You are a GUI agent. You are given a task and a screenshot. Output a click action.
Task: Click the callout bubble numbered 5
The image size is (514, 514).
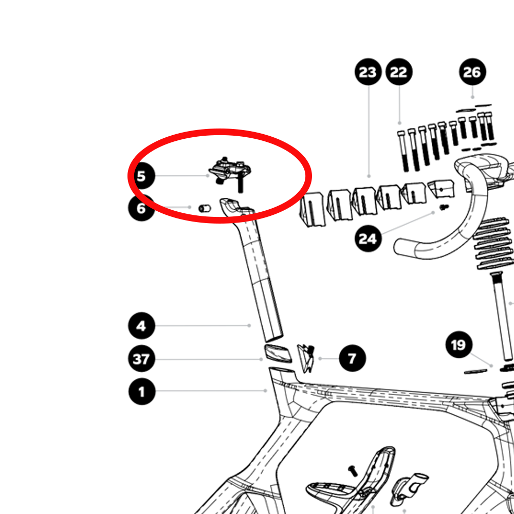(142, 176)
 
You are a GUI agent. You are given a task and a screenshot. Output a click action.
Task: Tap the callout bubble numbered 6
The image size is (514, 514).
(141, 208)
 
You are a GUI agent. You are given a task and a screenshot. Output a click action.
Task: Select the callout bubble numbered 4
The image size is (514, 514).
(142, 325)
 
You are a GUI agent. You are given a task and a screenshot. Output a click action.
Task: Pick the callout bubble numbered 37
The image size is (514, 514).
(142, 359)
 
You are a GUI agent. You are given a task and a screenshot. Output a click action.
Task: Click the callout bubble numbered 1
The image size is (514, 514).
(142, 391)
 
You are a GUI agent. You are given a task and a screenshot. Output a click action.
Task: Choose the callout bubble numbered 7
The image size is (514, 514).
(353, 358)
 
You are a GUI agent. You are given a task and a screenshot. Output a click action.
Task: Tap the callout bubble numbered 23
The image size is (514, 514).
(368, 72)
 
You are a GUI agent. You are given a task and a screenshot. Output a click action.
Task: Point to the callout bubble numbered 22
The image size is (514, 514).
(399, 72)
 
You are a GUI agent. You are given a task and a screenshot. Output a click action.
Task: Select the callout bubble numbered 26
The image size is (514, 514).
(472, 72)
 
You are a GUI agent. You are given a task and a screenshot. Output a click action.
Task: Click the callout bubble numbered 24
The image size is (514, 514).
(368, 238)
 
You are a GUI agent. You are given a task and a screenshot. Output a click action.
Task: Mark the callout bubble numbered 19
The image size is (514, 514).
(459, 344)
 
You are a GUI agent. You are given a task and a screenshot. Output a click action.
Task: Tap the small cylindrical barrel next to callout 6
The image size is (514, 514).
(205, 209)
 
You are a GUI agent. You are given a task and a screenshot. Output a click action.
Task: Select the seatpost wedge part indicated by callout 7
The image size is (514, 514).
(306, 358)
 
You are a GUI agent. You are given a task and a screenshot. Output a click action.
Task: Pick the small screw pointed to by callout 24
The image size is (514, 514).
(444, 207)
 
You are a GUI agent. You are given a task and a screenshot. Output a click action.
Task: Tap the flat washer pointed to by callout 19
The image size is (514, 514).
(475, 371)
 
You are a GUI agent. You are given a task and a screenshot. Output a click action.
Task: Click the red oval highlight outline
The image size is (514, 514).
(219, 131)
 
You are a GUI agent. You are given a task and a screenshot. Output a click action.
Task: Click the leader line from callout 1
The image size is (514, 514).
(211, 391)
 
